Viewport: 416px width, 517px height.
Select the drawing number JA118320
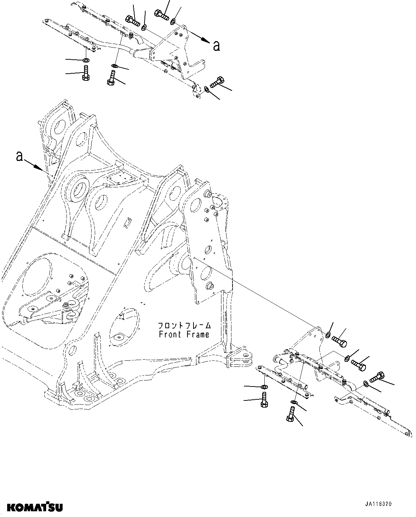point(378,504)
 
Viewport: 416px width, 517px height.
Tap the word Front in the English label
point(171,335)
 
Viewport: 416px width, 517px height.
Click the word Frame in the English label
point(197,335)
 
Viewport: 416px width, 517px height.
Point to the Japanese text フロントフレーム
point(185,326)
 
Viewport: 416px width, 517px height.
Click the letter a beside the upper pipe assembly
point(216,46)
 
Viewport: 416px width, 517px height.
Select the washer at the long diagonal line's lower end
point(328,335)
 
